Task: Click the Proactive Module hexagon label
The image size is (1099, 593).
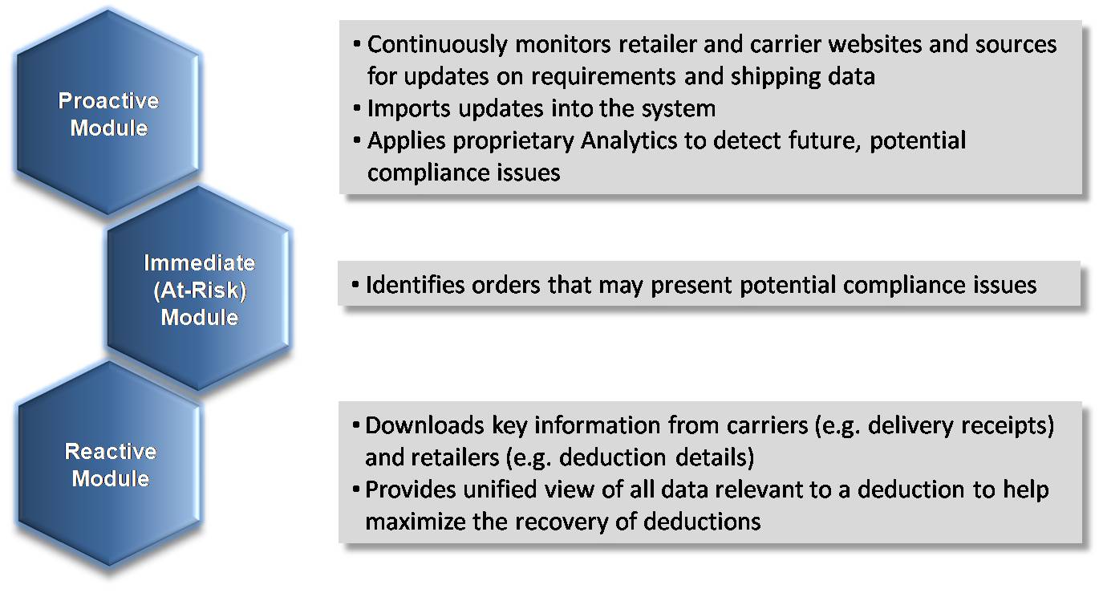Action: click(108, 114)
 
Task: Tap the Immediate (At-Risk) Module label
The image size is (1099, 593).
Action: click(199, 290)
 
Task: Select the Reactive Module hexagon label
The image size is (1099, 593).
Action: click(111, 465)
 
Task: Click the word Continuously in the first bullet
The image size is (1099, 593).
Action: click(437, 45)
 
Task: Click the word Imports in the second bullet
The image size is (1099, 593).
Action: click(408, 109)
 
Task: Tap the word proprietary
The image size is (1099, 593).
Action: click(513, 141)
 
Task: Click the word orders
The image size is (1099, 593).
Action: click(506, 285)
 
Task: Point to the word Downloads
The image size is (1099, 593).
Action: click(424, 425)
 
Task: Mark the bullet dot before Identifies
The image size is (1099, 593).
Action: click(355, 284)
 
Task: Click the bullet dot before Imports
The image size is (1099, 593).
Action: click(357, 108)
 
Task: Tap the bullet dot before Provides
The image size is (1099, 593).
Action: click(356, 489)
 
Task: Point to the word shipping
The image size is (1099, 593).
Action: click(775, 77)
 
